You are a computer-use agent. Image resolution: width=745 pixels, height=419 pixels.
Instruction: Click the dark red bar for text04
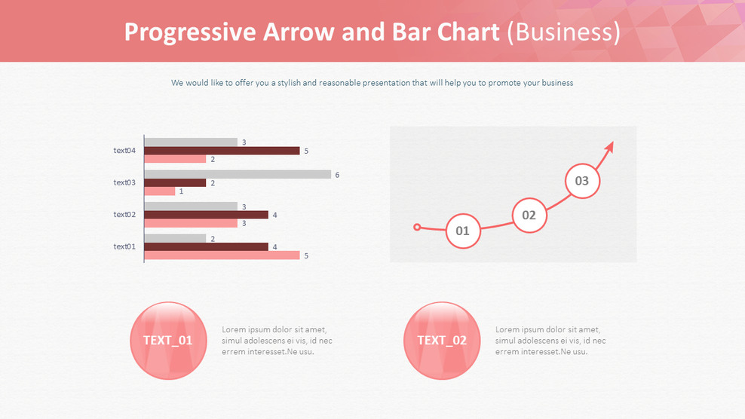(222, 151)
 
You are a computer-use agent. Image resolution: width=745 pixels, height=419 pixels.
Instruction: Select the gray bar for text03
(238, 174)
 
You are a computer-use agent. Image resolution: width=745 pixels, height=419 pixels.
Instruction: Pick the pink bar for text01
(222, 255)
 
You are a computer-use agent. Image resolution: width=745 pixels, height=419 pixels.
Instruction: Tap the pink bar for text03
(160, 191)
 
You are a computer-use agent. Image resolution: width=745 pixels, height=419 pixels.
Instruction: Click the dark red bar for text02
(206, 215)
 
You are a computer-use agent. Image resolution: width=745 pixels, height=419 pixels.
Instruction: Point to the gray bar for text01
(175, 238)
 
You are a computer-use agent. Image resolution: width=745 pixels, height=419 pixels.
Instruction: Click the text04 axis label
(124, 151)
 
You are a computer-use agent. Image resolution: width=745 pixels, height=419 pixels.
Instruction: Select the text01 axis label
(124, 246)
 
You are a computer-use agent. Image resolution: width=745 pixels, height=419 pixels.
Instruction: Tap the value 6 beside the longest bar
(337, 175)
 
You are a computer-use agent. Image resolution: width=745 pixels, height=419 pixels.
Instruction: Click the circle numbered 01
(463, 231)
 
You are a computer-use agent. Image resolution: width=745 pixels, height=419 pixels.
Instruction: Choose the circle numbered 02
(529, 215)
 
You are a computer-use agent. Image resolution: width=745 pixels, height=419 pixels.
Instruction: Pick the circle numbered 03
(582, 181)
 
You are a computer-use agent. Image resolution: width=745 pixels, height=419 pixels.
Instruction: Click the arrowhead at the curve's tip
(609, 146)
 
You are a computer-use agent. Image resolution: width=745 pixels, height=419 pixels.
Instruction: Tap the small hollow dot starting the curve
(417, 226)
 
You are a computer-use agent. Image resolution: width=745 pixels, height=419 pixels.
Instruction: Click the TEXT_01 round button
(168, 340)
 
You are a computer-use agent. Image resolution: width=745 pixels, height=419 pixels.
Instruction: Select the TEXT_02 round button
(442, 340)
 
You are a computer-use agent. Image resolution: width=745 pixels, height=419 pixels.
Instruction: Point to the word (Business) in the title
(563, 32)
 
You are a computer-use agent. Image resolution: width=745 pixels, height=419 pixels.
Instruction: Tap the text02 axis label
(124, 215)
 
